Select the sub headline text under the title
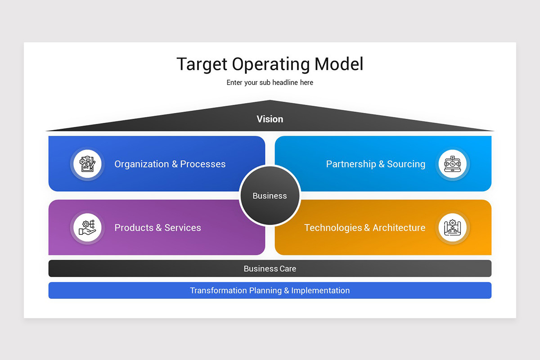coord(270,83)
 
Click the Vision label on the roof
coord(270,119)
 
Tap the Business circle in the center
coord(270,196)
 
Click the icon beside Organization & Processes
coord(87,164)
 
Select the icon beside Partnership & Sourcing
coord(452,164)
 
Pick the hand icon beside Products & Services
coord(87,227)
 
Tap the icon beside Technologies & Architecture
coord(452,227)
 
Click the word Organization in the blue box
coord(141,164)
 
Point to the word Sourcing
coord(406,164)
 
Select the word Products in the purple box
coord(134,228)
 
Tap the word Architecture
coord(399,228)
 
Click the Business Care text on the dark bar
coord(270,269)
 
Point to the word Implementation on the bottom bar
coord(320,291)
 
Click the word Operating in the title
coord(271,64)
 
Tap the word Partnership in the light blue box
coord(351,164)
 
